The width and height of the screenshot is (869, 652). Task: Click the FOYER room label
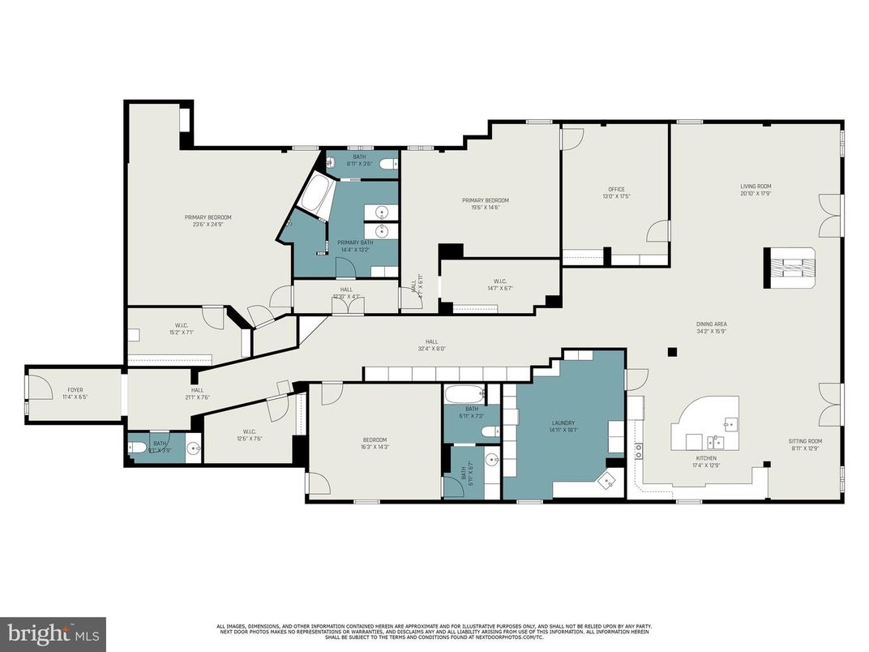click(75, 390)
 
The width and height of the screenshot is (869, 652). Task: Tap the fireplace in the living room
click(790, 268)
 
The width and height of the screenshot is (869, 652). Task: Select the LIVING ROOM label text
click(755, 187)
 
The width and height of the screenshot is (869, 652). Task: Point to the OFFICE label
click(616, 189)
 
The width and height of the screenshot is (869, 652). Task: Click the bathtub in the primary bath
click(316, 195)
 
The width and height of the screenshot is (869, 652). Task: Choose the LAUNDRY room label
click(563, 423)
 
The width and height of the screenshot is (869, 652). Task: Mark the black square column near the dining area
click(672, 352)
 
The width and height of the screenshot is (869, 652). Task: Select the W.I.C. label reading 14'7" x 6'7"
click(499, 285)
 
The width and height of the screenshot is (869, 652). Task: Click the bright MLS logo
click(53, 633)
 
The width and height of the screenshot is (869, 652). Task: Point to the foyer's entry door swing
click(32, 386)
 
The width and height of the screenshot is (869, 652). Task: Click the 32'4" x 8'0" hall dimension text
click(432, 350)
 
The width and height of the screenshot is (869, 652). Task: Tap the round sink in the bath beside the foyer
click(193, 447)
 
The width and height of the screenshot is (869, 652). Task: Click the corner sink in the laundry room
click(606, 482)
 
